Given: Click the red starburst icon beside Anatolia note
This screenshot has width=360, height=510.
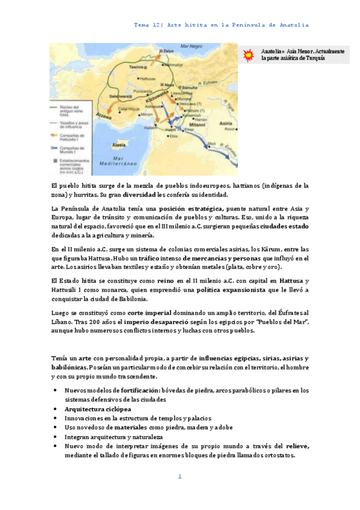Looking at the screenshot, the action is pos(248,55).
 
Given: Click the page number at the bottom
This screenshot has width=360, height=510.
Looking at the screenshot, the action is pos(179,476).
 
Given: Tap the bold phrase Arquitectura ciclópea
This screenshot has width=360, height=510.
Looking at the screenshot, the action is pos(97,408).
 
